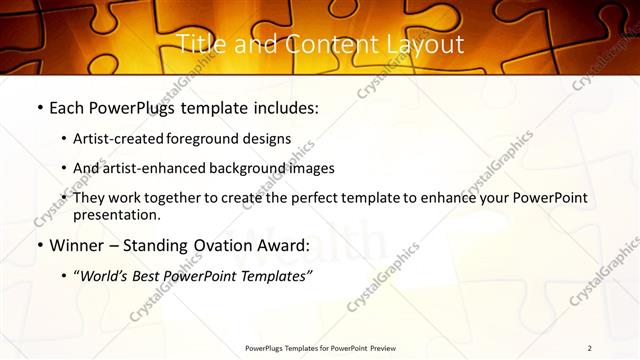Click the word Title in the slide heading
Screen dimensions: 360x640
click(x=198, y=44)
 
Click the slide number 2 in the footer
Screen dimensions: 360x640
click(x=589, y=348)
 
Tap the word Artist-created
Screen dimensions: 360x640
click(x=119, y=139)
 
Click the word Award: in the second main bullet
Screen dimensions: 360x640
click(x=281, y=245)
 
